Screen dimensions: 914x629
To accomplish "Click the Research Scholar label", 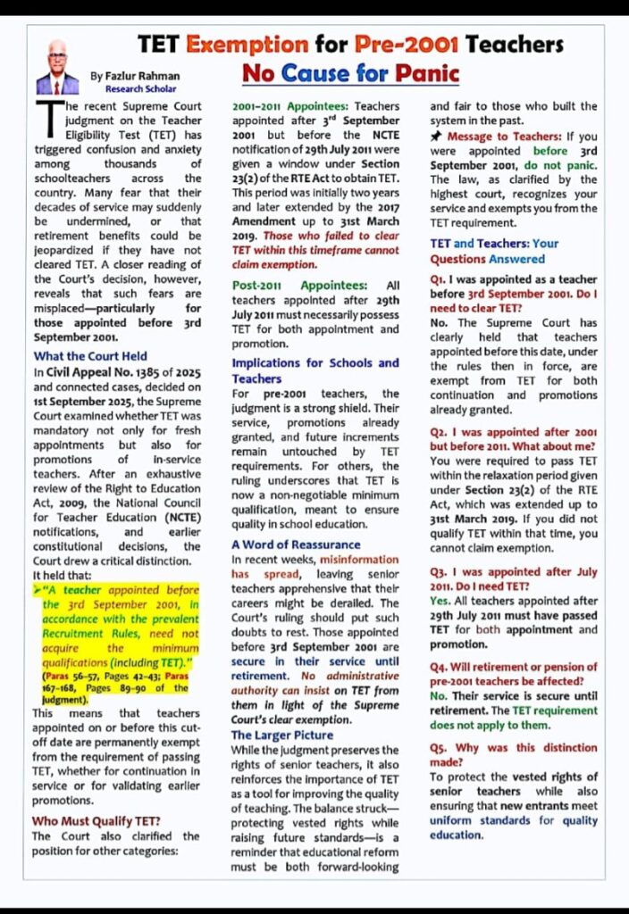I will click(x=133, y=89).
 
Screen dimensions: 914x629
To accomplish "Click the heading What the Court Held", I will click(x=90, y=356).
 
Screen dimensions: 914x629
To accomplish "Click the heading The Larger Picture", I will click(x=282, y=735).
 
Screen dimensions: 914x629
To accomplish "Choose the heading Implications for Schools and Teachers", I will click(x=314, y=370).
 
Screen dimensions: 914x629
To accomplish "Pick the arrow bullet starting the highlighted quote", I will click(x=37, y=590).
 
